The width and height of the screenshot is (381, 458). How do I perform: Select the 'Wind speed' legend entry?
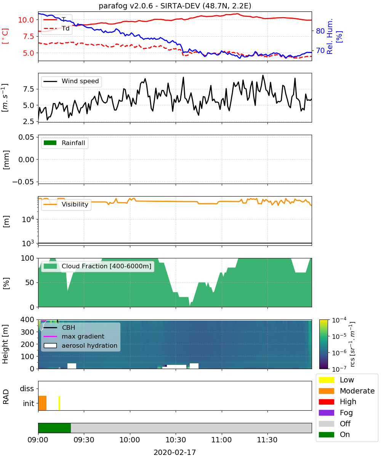click(71, 81)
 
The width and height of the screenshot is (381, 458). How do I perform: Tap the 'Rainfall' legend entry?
click(64, 143)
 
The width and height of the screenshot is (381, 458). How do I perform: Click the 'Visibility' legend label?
click(75, 204)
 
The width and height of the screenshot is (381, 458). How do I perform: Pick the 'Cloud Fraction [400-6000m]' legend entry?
click(98, 266)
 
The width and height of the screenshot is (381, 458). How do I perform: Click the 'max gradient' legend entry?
click(74, 336)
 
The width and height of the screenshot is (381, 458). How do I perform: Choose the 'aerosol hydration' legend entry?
click(80, 345)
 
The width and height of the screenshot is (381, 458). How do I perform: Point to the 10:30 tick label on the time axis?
click(176, 440)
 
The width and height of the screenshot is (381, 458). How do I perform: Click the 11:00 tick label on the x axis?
click(221, 440)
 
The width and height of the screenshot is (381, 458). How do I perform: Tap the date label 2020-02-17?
click(174, 452)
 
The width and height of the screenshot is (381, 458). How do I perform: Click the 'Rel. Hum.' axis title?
click(330, 36)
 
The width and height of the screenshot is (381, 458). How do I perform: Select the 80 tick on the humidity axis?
click(320, 31)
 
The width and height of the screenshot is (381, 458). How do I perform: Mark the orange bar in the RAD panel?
click(42, 403)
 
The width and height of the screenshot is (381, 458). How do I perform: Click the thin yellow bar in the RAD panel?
click(59, 403)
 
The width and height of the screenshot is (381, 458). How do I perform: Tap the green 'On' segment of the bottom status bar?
click(54, 428)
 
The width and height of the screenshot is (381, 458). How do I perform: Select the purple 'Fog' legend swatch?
click(326, 413)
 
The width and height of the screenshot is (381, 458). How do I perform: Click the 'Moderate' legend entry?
click(347, 391)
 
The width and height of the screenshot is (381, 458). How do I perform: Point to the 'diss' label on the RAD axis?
click(27, 389)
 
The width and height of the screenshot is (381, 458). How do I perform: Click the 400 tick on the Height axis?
click(27, 319)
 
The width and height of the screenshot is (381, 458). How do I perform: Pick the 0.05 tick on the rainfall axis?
click(27, 137)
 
